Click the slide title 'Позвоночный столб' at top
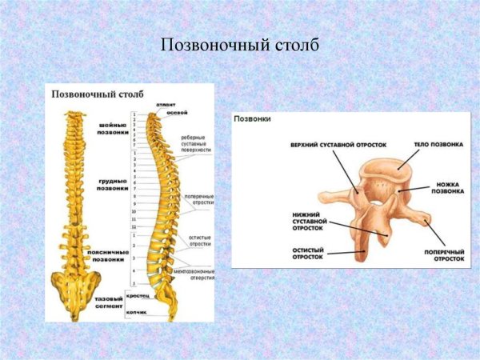[x=240, y=45]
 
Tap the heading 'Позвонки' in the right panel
[x=252, y=118]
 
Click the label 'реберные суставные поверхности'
[x=196, y=142]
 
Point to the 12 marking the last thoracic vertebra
[x=134, y=227]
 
